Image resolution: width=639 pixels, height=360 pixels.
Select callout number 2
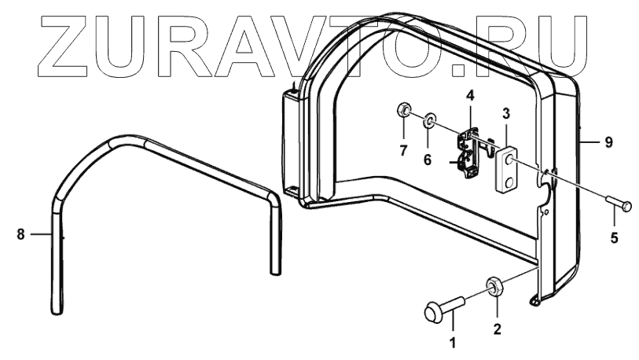[497, 329]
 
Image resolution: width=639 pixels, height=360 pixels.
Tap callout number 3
[507, 113]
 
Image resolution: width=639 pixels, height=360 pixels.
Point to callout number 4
[469, 96]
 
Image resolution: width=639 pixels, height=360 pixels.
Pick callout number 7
[402, 149]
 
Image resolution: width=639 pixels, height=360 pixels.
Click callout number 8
[20, 233]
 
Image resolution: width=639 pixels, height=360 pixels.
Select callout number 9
[608, 142]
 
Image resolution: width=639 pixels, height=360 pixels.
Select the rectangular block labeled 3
[507, 167]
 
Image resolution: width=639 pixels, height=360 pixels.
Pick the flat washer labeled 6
[429, 121]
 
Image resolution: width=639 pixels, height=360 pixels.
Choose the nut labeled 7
[402, 108]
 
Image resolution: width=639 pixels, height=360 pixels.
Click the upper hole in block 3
[509, 161]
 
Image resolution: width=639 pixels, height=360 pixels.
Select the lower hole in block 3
[509, 182]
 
